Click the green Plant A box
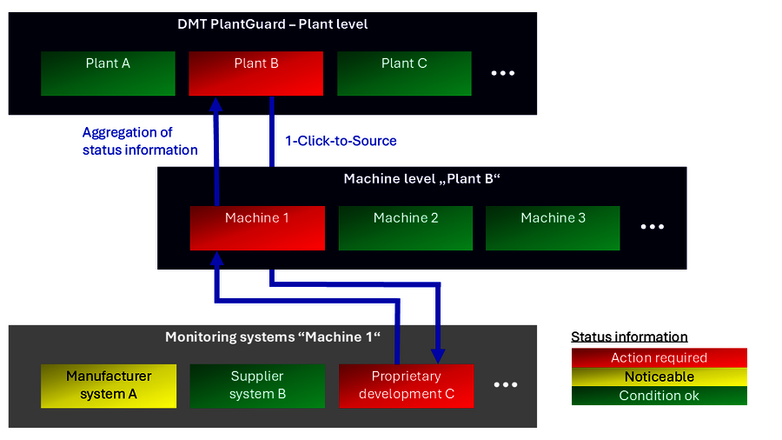[x=108, y=73]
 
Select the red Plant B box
[x=255, y=73]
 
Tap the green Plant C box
[x=404, y=73]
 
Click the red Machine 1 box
[x=257, y=228]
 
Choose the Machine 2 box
[x=405, y=228]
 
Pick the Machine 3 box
[x=553, y=228]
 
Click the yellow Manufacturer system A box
[x=109, y=385]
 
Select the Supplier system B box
[x=257, y=385]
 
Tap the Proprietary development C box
[x=406, y=385]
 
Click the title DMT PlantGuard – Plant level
[x=272, y=23]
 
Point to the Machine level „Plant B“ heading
[x=422, y=179]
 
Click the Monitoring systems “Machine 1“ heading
[x=273, y=336]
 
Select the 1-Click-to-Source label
[x=341, y=140]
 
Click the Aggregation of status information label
[x=139, y=141]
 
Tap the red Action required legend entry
[x=659, y=357]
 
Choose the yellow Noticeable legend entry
[x=659, y=377]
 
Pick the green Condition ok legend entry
[x=659, y=396]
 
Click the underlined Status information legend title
[x=629, y=337]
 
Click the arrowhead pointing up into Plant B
[x=217, y=103]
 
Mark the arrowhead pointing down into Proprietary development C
[x=438, y=356]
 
